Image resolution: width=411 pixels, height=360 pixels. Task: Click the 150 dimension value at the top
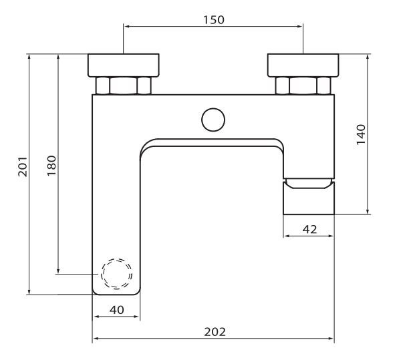[x=214, y=19]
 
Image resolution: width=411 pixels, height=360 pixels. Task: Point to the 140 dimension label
[x=361, y=134]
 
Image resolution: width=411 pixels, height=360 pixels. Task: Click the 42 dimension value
[x=309, y=229]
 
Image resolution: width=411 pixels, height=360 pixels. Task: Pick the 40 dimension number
[x=116, y=309]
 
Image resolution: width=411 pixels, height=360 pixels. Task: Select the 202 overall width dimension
[x=214, y=331]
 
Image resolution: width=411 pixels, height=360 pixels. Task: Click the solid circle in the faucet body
[x=214, y=120]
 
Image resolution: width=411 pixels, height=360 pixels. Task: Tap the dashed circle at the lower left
[x=116, y=274]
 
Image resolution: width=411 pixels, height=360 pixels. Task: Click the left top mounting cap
[x=125, y=65]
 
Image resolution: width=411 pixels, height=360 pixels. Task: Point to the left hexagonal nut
[x=125, y=86]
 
